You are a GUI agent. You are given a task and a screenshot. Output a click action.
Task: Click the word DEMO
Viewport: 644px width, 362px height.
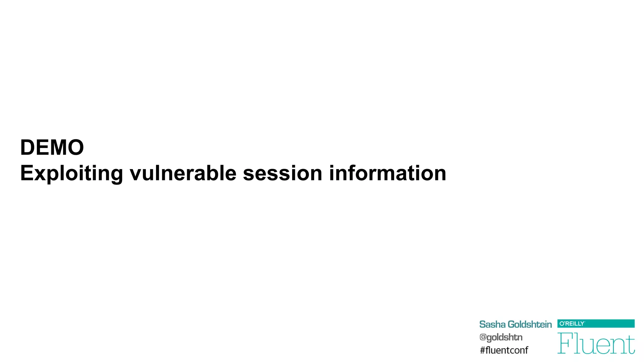tap(52, 147)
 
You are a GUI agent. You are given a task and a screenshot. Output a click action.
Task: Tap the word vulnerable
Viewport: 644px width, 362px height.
tap(183, 173)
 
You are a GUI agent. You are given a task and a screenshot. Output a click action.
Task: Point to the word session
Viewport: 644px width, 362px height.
tap(283, 173)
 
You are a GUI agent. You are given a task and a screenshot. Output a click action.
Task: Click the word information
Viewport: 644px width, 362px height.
tap(387, 173)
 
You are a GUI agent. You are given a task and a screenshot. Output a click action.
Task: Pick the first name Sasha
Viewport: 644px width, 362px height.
tap(492, 324)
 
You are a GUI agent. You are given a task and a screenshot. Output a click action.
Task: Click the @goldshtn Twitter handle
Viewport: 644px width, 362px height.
tap(501, 337)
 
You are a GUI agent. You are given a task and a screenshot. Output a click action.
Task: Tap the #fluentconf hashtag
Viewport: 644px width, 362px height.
tap(504, 350)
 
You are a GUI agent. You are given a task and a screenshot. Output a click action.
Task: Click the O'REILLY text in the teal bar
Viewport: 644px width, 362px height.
tap(572, 324)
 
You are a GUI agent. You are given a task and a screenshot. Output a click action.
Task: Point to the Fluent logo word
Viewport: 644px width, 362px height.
tap(596, 343)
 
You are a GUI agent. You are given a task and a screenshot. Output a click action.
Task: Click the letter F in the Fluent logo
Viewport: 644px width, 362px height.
tap(565, 343)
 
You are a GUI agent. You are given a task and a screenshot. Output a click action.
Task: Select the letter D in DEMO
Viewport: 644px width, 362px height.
tap(27, 147)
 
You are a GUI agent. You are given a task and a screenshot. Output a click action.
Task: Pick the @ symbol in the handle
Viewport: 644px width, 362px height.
tap(483, 337)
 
